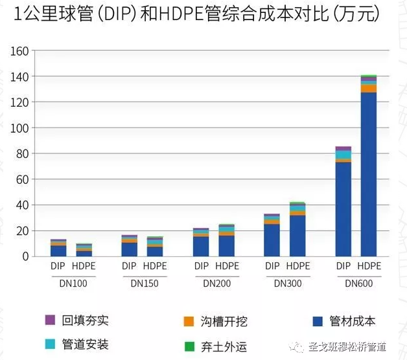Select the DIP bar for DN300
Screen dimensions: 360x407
[272, 236]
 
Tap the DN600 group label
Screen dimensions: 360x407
[357, 283]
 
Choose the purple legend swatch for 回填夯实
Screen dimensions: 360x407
[50, 321]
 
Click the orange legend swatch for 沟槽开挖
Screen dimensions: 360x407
[189, 321]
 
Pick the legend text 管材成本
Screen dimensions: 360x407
[353, 321]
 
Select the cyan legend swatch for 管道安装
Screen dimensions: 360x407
[50, 344]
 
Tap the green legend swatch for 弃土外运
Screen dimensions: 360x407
[189, 346]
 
